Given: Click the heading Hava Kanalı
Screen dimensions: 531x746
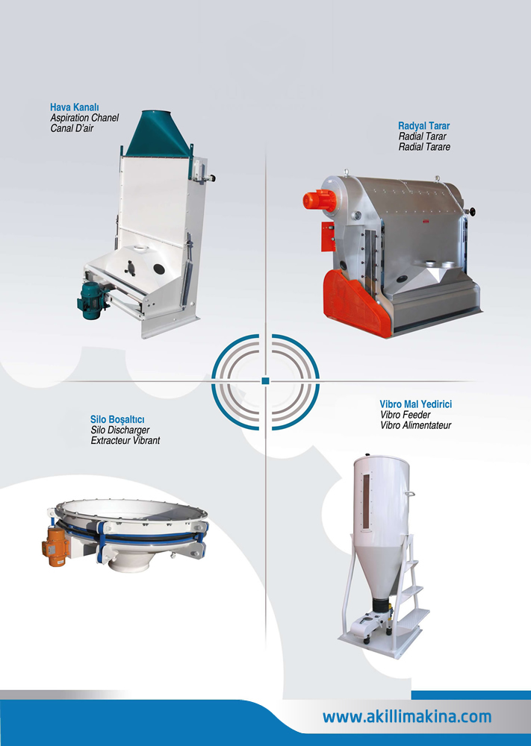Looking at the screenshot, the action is tap(74, 107).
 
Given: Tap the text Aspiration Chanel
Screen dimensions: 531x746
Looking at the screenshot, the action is tap(84, 118).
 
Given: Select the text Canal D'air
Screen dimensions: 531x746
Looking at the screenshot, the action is tap(72, 128).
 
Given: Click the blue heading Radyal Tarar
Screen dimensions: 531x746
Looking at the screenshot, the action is tap(424, 126).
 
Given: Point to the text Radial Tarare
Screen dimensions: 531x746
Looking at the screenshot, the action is tap(424, 147).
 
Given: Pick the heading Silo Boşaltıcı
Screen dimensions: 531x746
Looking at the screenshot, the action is tap(117, 419).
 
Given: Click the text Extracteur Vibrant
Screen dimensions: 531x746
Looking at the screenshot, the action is tap(125, 441).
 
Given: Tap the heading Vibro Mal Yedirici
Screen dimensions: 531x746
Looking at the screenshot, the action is tap(416, 404).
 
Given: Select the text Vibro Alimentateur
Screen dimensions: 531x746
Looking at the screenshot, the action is tap(415, 425).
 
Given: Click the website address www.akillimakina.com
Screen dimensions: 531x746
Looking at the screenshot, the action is tap(407, 716).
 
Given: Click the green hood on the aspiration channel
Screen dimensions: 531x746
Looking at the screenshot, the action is tap(158, 134).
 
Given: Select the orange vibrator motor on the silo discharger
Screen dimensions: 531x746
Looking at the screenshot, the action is tap(55, 547).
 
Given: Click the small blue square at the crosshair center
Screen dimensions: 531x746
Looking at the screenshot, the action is tap(266, 380).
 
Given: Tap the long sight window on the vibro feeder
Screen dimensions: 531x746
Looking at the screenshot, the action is tap(366, 501).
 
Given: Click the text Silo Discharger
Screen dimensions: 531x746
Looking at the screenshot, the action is tap(120, 430).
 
